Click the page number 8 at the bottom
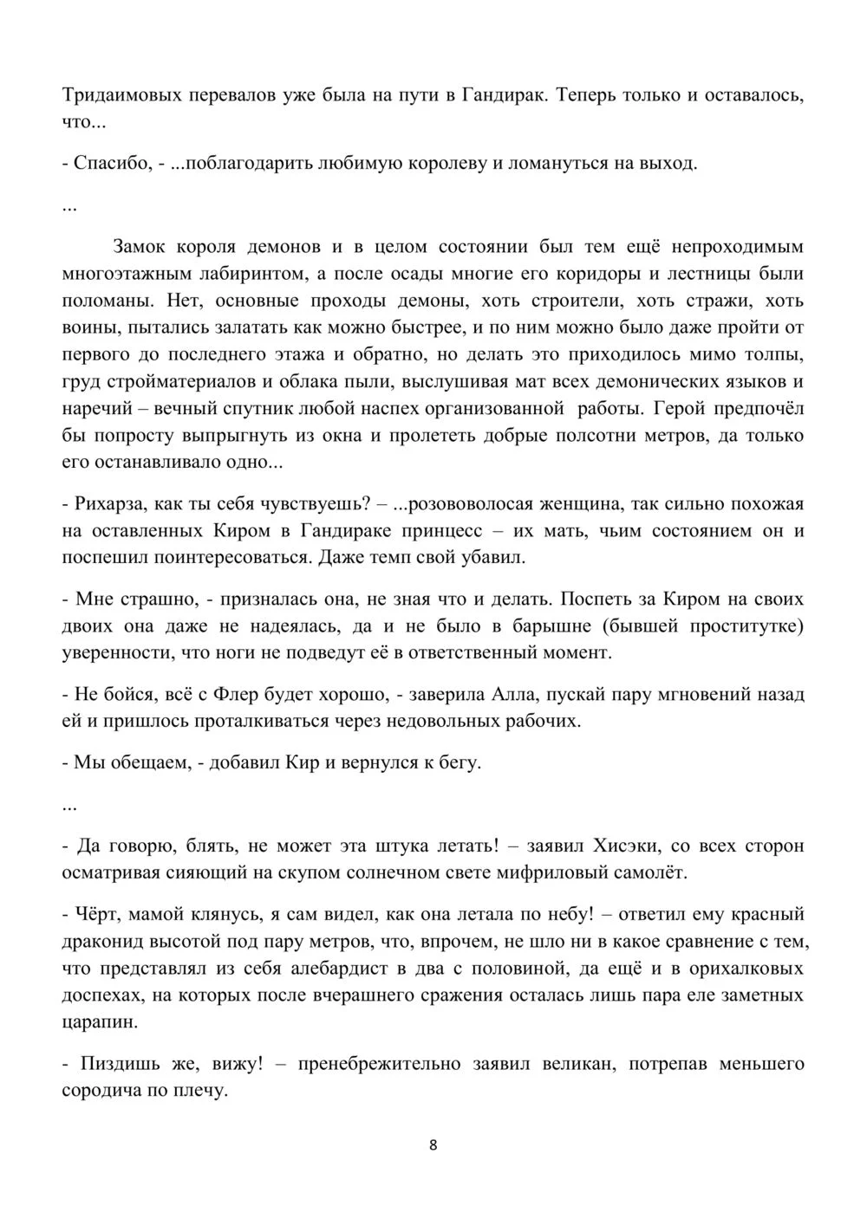pos(433,1144)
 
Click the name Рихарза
pos(109,504)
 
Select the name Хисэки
pos(627,846)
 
